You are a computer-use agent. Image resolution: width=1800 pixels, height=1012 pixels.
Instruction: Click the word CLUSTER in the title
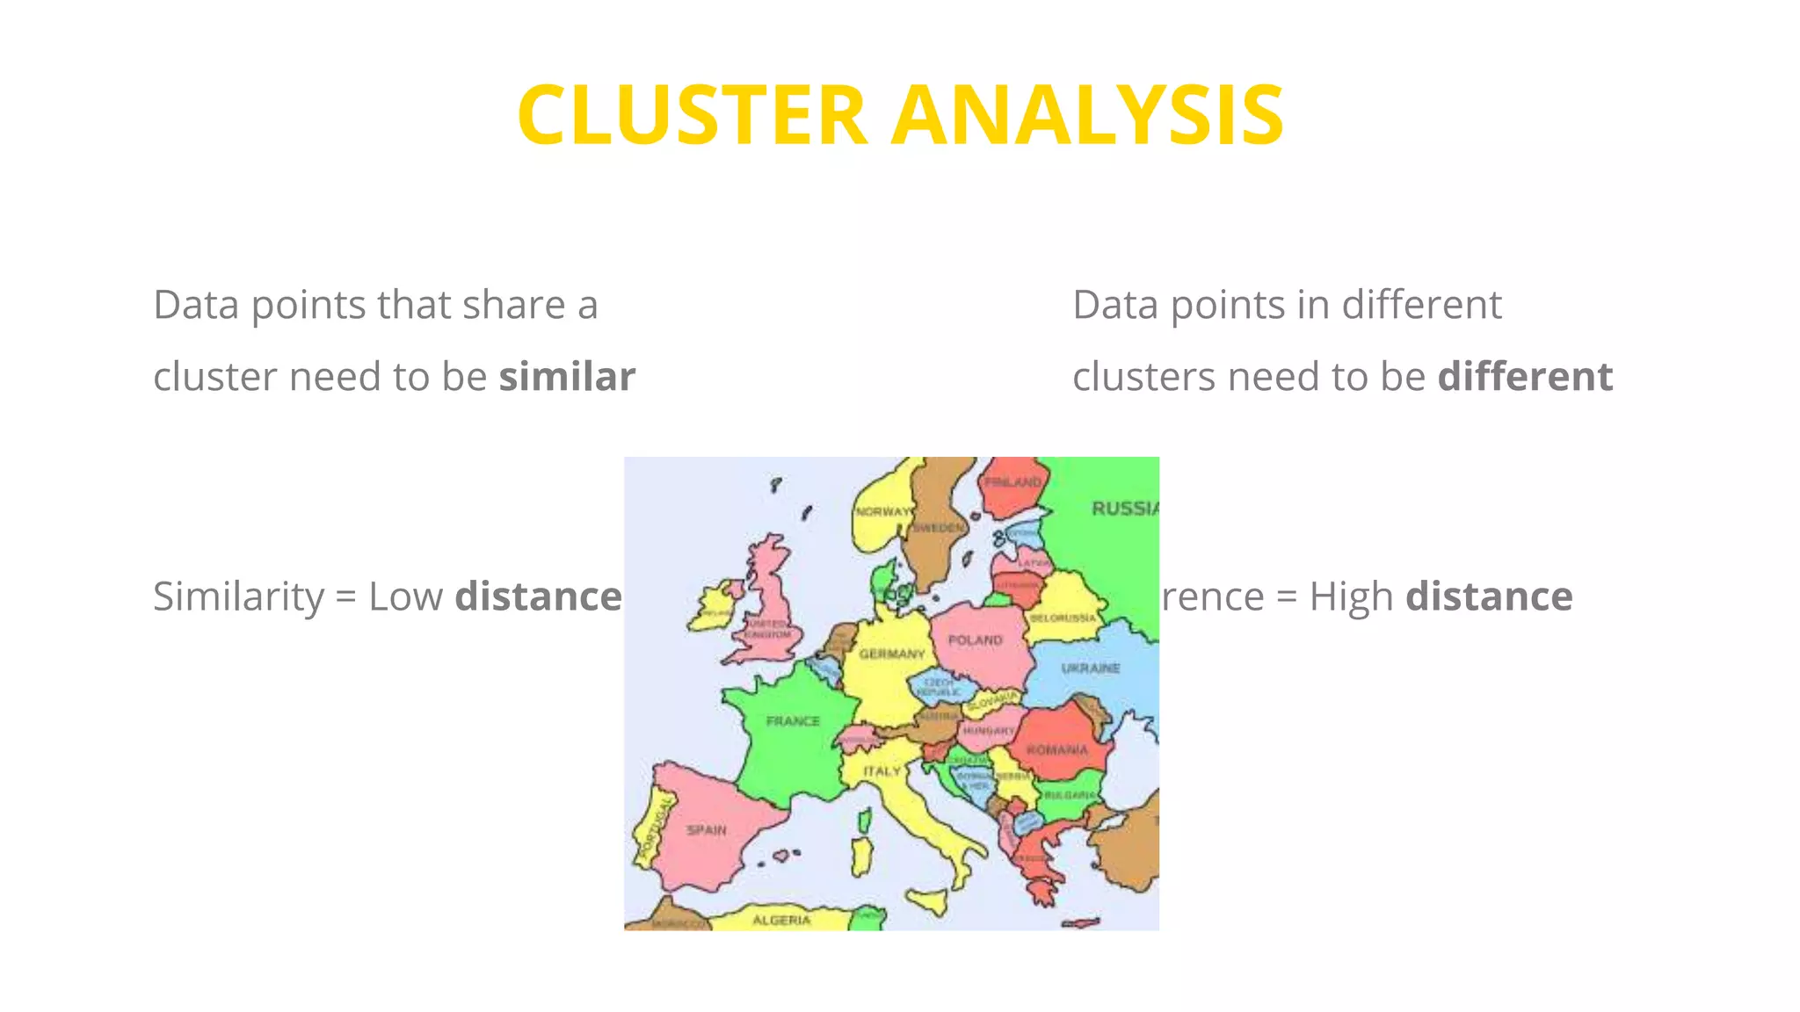693,115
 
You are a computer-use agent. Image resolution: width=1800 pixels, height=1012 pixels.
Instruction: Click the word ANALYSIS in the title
1087,115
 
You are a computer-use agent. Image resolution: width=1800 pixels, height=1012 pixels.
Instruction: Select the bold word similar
567,377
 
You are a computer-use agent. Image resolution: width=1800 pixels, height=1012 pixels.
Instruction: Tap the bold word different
1525,377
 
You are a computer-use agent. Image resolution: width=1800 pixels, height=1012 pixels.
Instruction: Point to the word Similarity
238,596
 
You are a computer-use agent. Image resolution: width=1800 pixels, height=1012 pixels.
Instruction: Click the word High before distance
1351,596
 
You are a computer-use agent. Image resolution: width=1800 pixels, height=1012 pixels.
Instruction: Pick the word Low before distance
405,596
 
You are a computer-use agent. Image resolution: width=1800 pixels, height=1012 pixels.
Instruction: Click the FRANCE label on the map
793,721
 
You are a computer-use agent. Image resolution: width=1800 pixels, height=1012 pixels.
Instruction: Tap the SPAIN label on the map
707,830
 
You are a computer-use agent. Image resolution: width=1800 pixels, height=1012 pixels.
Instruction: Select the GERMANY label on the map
892,654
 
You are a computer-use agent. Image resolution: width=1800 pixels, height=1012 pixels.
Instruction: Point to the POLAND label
976,640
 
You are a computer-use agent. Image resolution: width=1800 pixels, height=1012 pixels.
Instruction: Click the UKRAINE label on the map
1091,669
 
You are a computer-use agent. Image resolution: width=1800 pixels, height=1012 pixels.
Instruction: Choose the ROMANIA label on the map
1057,750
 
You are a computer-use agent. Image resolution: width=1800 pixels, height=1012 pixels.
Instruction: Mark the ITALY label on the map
882,771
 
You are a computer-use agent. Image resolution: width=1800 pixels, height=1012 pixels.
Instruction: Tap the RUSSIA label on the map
1124,509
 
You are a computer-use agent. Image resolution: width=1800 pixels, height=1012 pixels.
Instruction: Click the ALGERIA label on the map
781,920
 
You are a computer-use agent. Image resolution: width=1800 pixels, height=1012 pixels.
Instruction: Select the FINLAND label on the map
1012,482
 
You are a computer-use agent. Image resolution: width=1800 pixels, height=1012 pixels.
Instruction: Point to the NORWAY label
882,511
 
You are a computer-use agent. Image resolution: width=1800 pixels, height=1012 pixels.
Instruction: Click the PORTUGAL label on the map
654,828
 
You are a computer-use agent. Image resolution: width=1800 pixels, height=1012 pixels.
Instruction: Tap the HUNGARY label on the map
989,731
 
